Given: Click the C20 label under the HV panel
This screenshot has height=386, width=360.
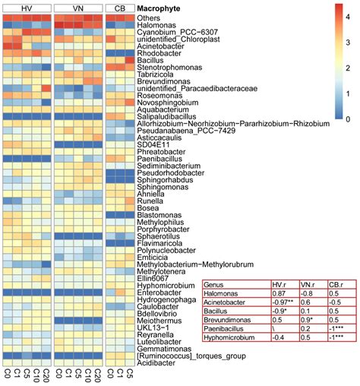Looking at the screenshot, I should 46,376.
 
